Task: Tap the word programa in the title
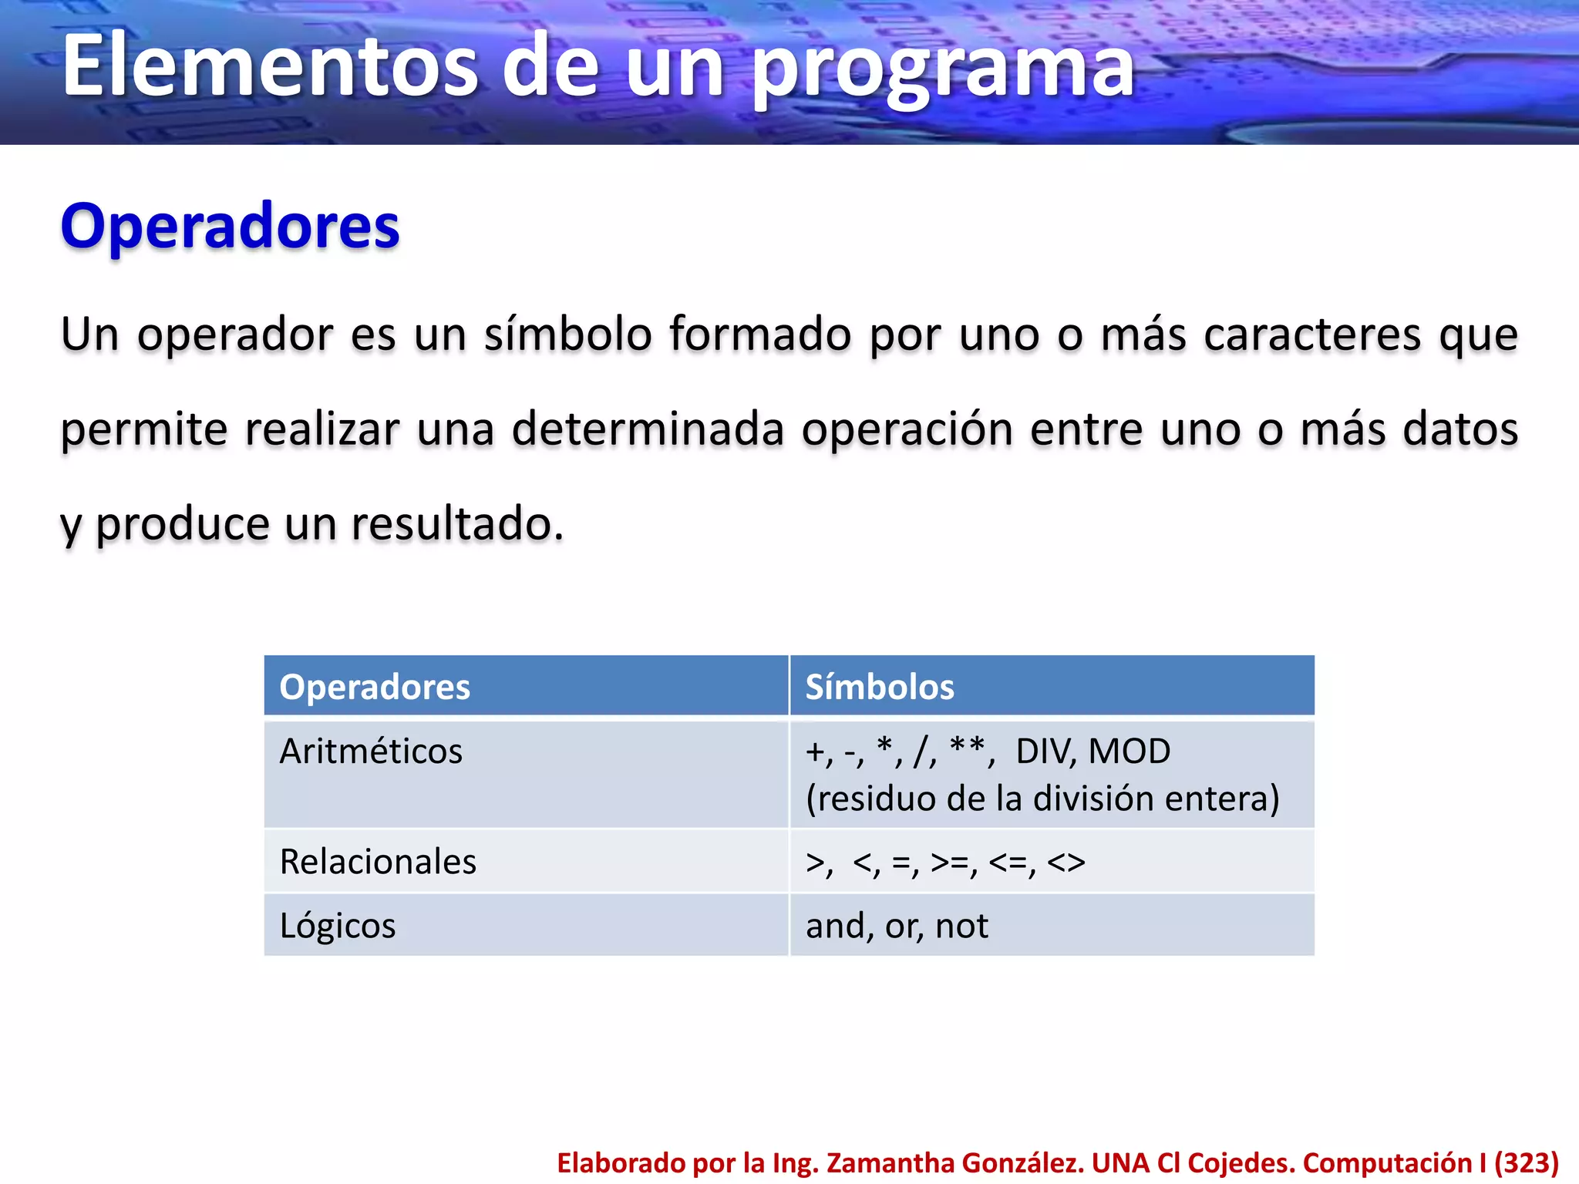[942, 69]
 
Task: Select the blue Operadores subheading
[230, 227]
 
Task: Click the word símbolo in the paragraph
[568, 335]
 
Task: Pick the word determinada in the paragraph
[647, 429]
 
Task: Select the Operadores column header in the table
[375, 687]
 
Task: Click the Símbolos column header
[880, 687]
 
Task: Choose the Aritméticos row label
[371, 752]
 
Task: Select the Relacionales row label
[378, 862]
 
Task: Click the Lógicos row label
[337, 926]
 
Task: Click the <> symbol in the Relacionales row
[1066, 863]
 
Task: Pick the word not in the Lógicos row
[961, 926]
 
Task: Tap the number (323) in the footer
[1527, 1162]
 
